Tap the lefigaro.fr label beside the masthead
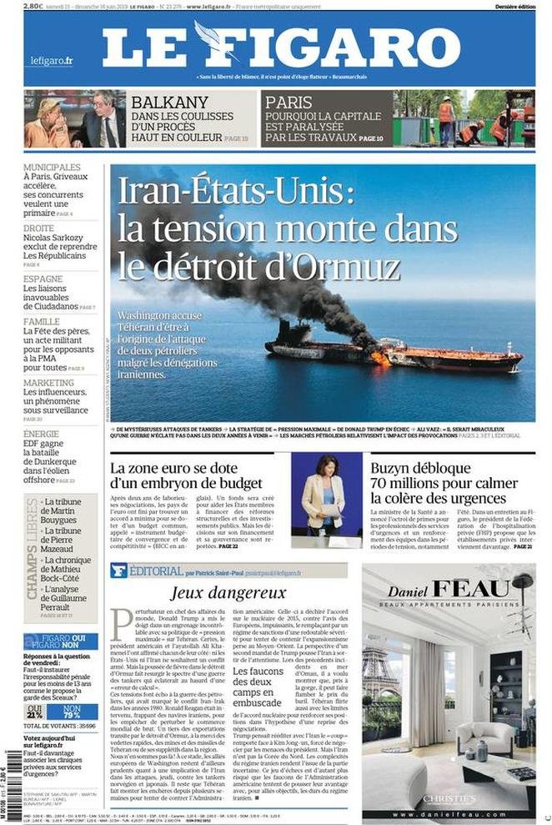point(52,61)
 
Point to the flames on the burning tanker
point(379,358)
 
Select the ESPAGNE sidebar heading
point(43,279)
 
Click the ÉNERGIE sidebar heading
point(42,434)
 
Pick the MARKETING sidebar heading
point(48,383)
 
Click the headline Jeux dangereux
point(228,592)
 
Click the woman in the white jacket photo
point(324,498)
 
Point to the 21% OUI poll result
point(35,713)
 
